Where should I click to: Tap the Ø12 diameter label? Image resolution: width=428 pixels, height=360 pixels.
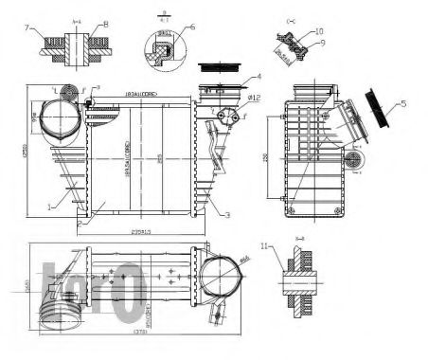click(253, 98)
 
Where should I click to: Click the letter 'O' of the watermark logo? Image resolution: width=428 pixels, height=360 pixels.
click(130, 288)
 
